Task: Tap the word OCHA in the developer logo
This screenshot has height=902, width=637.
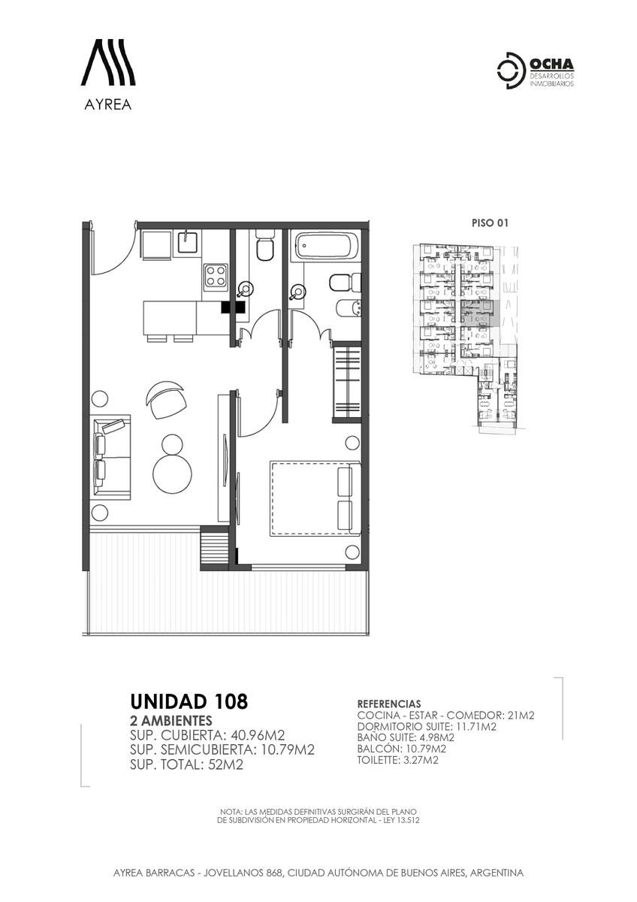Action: point(551,65)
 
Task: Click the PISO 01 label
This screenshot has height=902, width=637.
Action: point(490,222)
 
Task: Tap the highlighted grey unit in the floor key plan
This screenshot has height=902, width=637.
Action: point(481,313)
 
